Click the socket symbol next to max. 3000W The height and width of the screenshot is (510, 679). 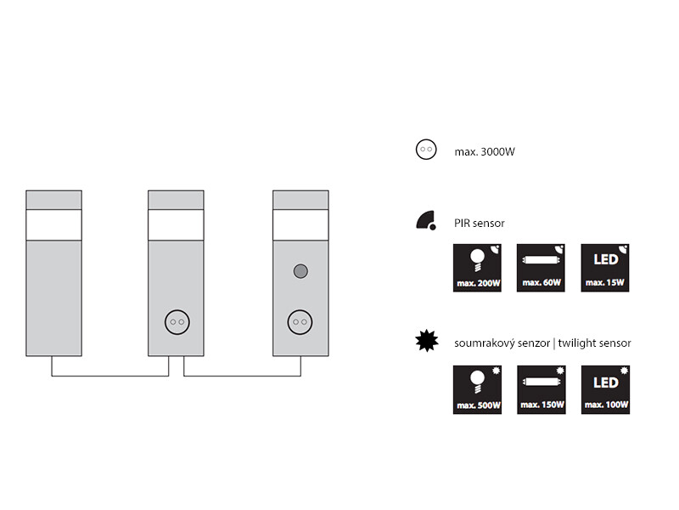click(x=425, y=150)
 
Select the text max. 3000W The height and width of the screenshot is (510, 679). click(x=485, y=151)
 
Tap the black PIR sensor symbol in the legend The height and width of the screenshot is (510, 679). click(x=426, y=221)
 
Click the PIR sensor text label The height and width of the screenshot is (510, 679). click(x=480, y=223)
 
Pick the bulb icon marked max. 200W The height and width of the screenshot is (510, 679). click(x=477, y=268)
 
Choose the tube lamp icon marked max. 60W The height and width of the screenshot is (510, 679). click(x=541, y=268)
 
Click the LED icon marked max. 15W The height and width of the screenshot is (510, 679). click(x=605, y=268)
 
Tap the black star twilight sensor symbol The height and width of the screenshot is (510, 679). click(x=426, y=342)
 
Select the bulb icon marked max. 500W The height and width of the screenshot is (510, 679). click(x=477, y=389)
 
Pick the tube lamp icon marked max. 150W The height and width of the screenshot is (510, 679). click(x=541, y=389)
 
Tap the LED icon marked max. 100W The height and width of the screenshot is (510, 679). click(x=605, y=389)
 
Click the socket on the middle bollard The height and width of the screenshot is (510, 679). click(x=177, y=321)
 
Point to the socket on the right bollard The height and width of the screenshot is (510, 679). click(x=300, y=321)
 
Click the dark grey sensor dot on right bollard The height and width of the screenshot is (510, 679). click(x=300, y=272)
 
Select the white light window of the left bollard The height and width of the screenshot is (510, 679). click(x=53, y=224)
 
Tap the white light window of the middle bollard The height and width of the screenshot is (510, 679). click(x=177, y=224)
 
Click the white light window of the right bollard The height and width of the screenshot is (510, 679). click(x=300, y=224)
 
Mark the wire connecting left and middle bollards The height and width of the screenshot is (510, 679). click(x=110, y=376)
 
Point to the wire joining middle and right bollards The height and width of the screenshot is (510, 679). click(x=242, y=376)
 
